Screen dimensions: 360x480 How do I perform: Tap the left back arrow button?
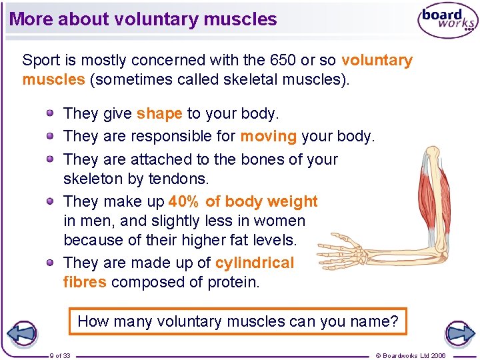[x=21, y=333]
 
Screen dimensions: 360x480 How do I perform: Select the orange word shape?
[x=159, y=113]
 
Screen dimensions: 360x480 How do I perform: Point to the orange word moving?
[x=268, y=136]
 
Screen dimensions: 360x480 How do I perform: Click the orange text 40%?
[x=183, y=201]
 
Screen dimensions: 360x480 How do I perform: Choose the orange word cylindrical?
[x=254, y=263]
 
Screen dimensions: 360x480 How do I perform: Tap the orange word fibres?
[x=85, y=282]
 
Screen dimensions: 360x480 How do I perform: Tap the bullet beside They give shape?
[x=51, y=113]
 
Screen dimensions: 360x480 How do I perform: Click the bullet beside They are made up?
[x=51, y=263]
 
